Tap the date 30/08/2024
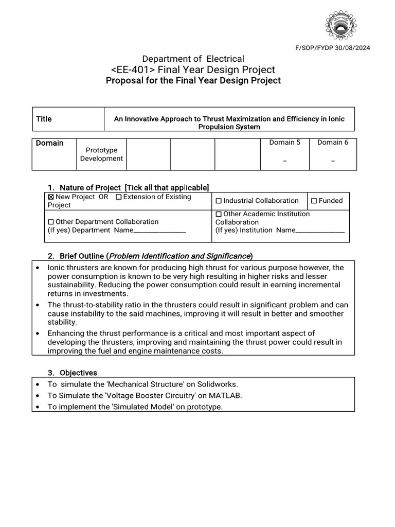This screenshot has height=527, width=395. (x=354, y=48)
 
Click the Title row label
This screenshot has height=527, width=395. (x=44, y=119)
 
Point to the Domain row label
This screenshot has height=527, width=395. (x=50, y=143)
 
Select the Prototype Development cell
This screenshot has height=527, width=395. (x=101, y=154)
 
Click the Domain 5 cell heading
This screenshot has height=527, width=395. (x=284, y=143)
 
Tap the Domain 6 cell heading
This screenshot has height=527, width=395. (x=333, y=143)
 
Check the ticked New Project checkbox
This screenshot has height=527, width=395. (x=51, y=197)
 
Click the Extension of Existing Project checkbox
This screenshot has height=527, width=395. (x=119, y=197)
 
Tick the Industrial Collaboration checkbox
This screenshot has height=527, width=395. (x=219, y=201)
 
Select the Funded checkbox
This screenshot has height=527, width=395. (x=314, y=201)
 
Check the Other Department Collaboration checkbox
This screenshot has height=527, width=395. (x=51, y=222)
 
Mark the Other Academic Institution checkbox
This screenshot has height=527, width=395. (x=219, y=214)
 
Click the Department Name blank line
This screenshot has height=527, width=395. (x=159, y=231)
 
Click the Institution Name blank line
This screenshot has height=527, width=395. (x=320, y=231)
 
